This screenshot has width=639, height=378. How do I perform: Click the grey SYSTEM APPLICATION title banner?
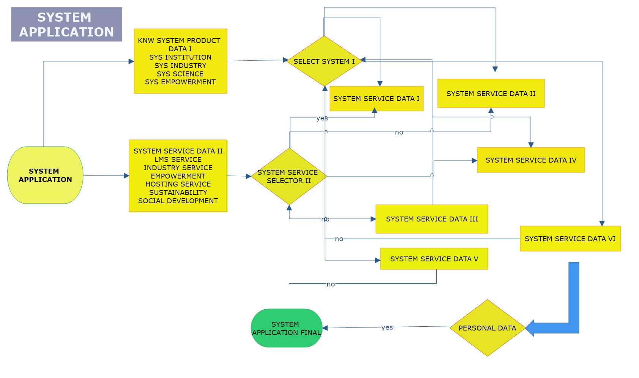66,24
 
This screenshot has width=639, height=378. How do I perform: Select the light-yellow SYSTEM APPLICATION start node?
45,175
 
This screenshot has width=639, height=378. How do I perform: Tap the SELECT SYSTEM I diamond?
324,61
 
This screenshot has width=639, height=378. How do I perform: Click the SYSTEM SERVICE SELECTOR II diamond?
289,176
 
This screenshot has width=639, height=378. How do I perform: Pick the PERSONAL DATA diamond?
487,328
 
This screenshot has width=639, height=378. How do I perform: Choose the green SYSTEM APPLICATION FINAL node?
287,328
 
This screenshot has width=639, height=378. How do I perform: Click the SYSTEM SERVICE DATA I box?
376,99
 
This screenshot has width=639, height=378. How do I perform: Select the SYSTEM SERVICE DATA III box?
432,219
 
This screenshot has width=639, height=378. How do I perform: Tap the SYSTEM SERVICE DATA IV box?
531,160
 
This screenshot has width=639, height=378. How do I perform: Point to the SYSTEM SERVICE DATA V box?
434,259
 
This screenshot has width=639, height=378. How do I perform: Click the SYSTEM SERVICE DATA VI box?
570,239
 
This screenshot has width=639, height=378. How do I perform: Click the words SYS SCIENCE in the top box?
180,74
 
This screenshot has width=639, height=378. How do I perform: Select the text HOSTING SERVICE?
178,184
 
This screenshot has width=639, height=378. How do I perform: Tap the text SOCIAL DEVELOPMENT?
178,201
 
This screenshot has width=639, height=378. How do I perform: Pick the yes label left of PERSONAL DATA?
387,327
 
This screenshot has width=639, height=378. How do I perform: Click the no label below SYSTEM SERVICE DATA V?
331,284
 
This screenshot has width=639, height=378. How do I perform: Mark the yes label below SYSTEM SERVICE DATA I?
322,118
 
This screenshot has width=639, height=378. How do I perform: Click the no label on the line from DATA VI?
339,239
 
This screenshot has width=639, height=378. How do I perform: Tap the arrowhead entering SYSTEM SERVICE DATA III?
373,219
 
